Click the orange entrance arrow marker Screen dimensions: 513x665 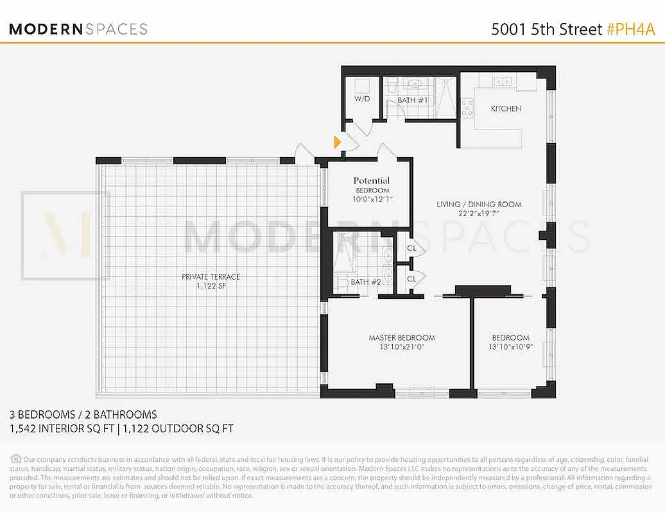(337, 142)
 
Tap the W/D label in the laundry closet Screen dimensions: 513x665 (362, 99)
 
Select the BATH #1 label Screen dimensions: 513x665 (411, 101)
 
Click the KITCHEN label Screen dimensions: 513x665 (506, 109)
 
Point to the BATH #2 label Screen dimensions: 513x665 (366, 282)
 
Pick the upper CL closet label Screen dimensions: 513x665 (411, 248)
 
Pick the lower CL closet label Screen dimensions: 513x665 (411, 278)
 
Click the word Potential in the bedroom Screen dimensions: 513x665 (372, 181)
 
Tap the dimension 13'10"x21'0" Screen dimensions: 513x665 (401, 348)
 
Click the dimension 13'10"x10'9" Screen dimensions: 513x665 (510, 348)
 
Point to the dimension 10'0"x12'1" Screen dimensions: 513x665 (372, 200)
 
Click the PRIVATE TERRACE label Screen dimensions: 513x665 (211, 277)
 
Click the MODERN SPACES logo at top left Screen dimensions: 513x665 (78, 29)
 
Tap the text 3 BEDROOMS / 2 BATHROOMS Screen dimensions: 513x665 (83, 415)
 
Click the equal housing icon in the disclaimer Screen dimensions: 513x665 (15, 458)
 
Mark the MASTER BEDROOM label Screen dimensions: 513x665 (401, 338)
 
